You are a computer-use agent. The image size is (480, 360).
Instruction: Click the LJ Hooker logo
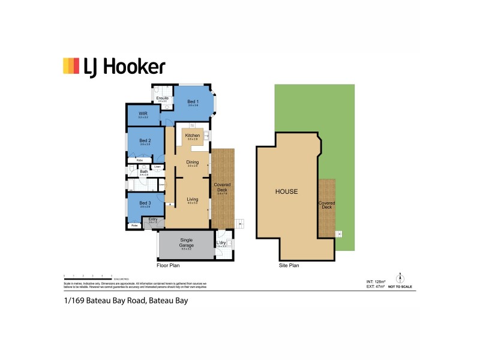point(114,66)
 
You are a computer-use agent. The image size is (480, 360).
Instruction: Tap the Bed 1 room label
point(193,102)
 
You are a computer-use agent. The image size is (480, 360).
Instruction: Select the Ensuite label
point(162,98)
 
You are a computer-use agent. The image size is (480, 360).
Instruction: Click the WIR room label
point(143,113)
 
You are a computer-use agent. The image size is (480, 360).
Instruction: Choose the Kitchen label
point(193,136)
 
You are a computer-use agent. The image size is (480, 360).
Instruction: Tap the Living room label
point(193,199)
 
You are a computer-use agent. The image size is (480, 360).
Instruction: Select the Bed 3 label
point(145,203)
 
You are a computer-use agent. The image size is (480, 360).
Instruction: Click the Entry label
point(152,220)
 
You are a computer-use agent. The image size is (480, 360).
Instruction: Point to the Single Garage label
point(186,242)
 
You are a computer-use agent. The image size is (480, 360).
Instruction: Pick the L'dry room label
point(221,242)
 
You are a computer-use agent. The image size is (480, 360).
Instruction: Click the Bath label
point(144,172)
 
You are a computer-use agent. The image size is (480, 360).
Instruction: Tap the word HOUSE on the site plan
point(286,192)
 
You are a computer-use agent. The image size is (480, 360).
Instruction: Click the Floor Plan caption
point(168,265)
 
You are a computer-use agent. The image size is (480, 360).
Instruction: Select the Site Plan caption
point(289,265)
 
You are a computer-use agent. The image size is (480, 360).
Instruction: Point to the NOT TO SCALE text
point(401,288)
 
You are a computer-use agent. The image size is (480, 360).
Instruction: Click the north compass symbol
point(401,278)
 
